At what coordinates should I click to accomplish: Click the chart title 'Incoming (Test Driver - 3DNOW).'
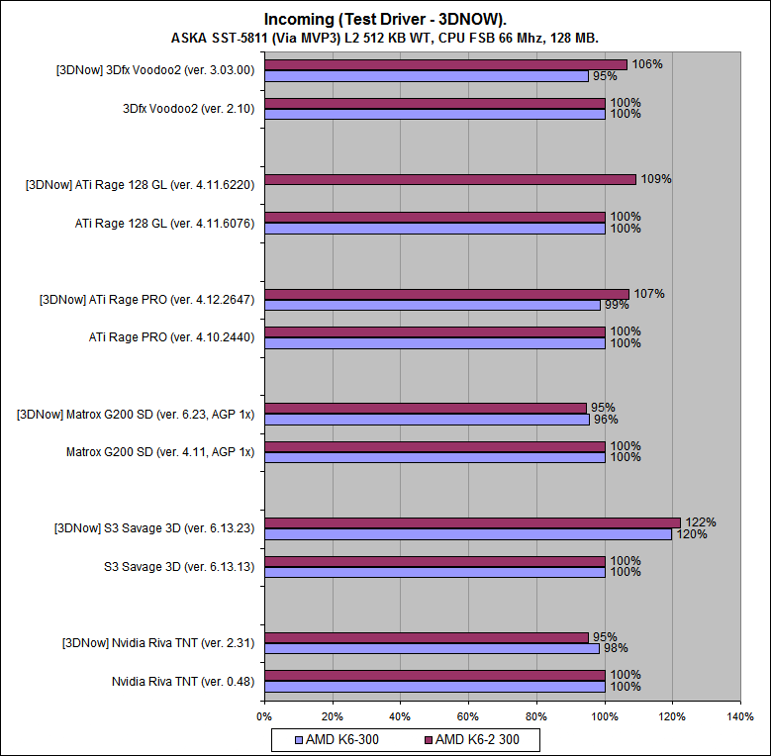click(x=384, y=19)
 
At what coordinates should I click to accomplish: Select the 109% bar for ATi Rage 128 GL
click(x=450, y=179)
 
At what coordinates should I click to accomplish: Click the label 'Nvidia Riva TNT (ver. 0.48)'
click(x=182, y=681)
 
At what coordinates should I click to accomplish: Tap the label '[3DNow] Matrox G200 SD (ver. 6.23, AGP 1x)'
click(x=136, y=414)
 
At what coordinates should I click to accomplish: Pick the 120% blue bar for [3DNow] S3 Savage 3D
click(x=468, y=534)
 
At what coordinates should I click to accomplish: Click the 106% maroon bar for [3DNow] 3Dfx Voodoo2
click(x=445, y=65)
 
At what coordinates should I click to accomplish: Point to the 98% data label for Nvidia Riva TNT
click(x=616, y=648)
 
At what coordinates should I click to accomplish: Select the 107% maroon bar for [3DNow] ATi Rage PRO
click(x=446, y=294)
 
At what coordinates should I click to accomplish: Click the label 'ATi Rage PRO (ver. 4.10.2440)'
click(x=172, y=337)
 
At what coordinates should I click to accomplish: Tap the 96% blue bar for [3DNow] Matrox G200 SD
click(x=427, y=420)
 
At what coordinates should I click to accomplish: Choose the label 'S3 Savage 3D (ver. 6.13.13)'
click(x=179, y=566)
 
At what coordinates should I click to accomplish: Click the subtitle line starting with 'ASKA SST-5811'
click(x=384, y=38)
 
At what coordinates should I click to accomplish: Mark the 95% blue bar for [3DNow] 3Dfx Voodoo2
click(x=426, y=76)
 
